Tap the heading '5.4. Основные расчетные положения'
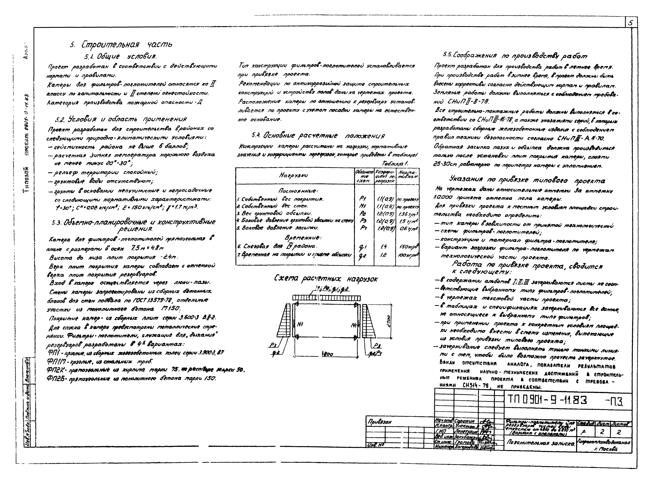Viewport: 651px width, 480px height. (318, 135)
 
